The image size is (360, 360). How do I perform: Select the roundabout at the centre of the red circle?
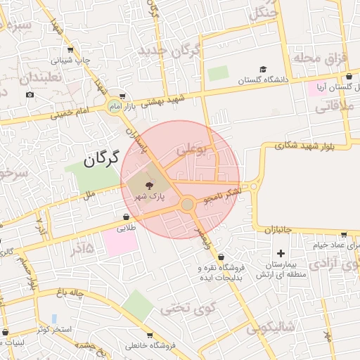tap(187, 205)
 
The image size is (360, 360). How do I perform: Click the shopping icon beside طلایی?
tap(126, 217)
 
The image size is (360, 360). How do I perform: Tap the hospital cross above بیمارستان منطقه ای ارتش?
tap(281, 253)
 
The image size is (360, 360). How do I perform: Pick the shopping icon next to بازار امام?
tap(123, 96)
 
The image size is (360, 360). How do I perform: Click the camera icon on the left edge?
tap(30, 95)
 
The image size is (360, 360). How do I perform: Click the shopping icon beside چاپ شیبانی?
tap(70, 50)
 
